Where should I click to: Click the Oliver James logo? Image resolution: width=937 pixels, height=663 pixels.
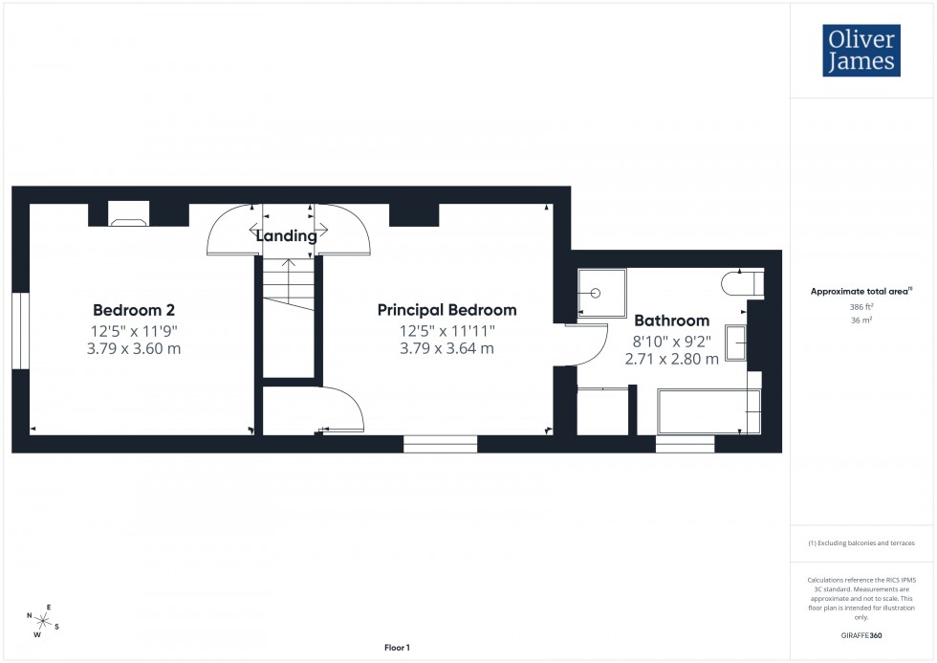pyautogui.click(x=861, y=51)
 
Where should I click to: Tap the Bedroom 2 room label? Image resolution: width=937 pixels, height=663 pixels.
pyautogui.click(x=133, y=310)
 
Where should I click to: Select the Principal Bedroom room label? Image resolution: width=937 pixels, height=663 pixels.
pyautogui.click(x=447, y=310)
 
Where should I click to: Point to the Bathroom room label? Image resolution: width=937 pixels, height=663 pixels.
pyautogui.click(x=671, y=320)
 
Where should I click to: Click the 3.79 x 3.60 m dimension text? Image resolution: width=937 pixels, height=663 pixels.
pyautogui.click(x=133, y=349)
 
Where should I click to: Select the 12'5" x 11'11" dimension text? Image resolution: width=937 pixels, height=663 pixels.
pyautogui.click(x=447, y=331)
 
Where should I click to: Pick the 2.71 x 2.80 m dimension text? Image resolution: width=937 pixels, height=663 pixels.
pyautogui.click(x=671, y=360)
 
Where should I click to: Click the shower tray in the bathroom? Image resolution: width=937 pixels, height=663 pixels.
pyautogui.click(x=601, y=293)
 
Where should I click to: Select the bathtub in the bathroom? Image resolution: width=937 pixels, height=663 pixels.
pyautogui.click(x=707, y=410)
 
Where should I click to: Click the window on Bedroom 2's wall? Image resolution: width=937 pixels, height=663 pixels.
pyautogui.click(x=20, y=330)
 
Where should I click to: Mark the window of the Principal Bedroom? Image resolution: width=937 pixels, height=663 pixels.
pyautogui.click(x=440, y=444)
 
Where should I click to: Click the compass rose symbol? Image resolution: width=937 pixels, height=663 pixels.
pyautogui.click(x=44, y=621)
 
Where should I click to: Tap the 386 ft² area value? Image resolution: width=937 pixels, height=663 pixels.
pyautogui.click(x=863, y=307)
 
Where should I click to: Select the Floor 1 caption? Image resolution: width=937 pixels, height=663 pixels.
pyautogui.click(x=396, y=648)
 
